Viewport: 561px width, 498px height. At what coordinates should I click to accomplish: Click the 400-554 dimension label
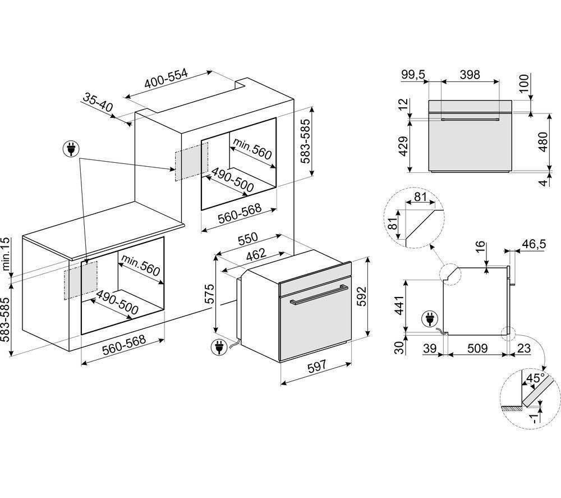coord(166,79)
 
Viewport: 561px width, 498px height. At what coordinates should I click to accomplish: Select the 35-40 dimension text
coord(98,102)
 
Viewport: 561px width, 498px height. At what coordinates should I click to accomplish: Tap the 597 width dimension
coord(317,365)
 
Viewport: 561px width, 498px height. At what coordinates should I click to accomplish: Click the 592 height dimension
coord(362,296)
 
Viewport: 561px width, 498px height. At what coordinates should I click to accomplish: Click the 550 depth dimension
coord(247,239)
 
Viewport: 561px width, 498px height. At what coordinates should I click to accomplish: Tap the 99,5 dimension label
coord(413,75)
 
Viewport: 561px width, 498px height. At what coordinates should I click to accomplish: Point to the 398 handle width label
coord(470,75)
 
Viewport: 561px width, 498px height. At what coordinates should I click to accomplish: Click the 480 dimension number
coord(543,142)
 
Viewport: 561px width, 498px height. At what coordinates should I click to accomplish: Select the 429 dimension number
coord(403,146)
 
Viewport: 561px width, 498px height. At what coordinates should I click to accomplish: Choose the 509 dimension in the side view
coord(477,348)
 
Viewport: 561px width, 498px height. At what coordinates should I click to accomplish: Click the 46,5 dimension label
coord(535,244)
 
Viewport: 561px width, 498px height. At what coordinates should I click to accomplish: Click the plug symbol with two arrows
coord(71,149)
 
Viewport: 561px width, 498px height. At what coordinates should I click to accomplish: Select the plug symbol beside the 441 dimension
coord(430,319)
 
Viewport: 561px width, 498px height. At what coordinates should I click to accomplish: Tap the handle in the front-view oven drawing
coord(471,119)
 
